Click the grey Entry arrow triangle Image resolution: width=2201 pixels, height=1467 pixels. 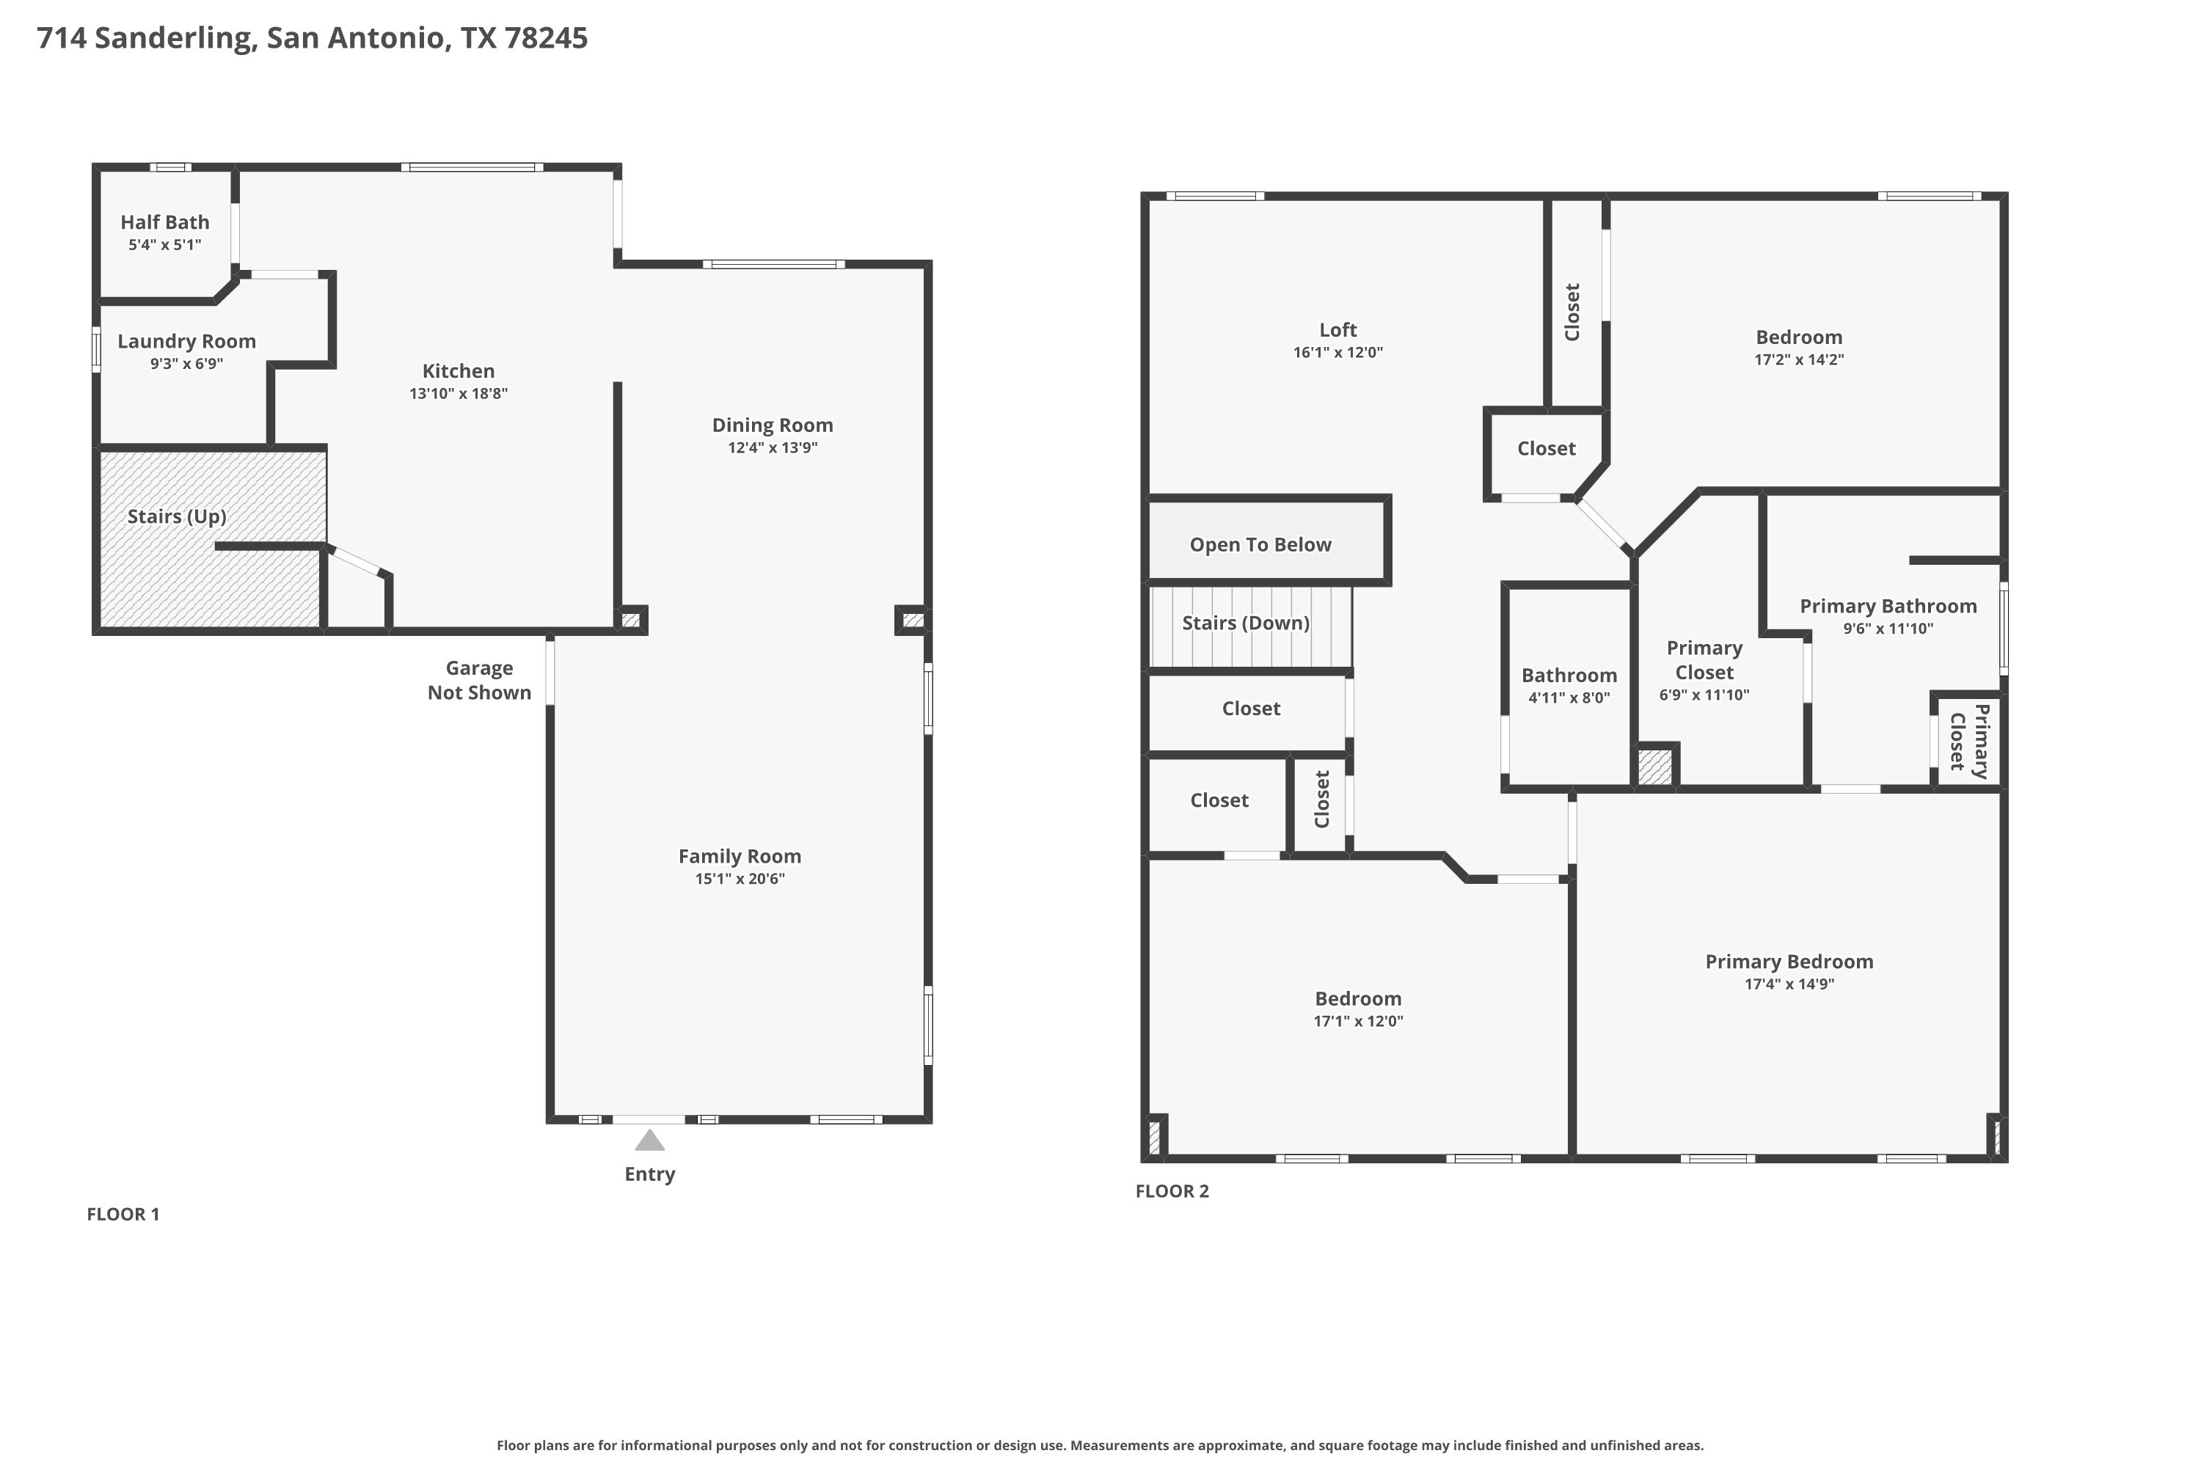point(649,1141)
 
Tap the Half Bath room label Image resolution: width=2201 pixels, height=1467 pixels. point(164,222)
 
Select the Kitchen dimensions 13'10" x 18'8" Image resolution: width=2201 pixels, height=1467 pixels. point(459,393)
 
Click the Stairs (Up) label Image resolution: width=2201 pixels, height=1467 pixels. point(177,516)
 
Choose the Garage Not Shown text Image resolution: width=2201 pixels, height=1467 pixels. point(479,680)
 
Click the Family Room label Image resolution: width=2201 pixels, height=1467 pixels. point(740,856)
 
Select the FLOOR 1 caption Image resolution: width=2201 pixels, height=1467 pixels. point(123,1215)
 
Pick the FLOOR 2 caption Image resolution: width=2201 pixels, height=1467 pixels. point(1172,1191)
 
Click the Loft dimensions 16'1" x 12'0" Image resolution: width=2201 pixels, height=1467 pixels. point(1338,352)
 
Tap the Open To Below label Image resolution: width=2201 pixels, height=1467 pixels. point(1260,544)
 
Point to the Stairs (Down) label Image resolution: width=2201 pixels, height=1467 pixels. point(1246,623)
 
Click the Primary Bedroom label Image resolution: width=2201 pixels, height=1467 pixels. point(1789,962)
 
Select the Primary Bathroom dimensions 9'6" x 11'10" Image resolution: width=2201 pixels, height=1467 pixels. point(1888,629)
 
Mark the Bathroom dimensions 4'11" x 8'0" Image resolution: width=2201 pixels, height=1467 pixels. point(1569,697)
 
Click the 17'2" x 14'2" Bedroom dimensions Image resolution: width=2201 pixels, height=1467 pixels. point(1799,359)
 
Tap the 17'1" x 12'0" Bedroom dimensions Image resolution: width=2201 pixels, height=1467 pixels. point(1359,1021)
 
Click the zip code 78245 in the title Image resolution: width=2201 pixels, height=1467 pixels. point(546,37)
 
